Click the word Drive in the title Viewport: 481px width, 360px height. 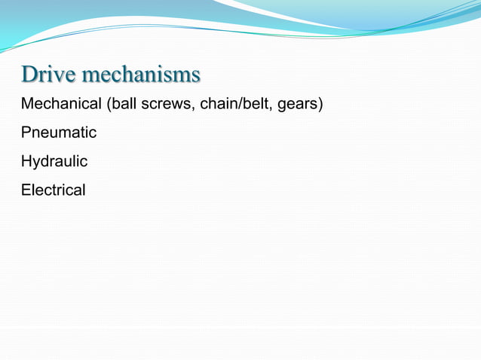[49, 75]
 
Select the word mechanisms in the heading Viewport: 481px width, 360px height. [141, 75]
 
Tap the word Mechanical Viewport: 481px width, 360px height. [61, 104]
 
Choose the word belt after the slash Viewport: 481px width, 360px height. [254, 104]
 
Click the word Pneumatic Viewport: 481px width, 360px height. [59, 133]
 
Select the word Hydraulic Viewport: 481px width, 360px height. [54, 161]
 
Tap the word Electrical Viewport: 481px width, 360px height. [54, 190]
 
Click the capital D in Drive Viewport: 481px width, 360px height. [29, 75]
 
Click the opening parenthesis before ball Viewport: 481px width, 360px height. [108, 104]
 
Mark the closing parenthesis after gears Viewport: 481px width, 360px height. [320, 104]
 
